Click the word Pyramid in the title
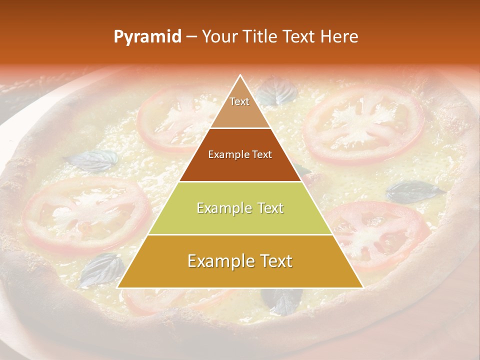[x=147, y=37]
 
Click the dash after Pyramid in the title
[x=191, y=37]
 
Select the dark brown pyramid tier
[x=240, y=155]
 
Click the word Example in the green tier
[x=220, y=208]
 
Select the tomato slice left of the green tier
[x=86, y=212]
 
